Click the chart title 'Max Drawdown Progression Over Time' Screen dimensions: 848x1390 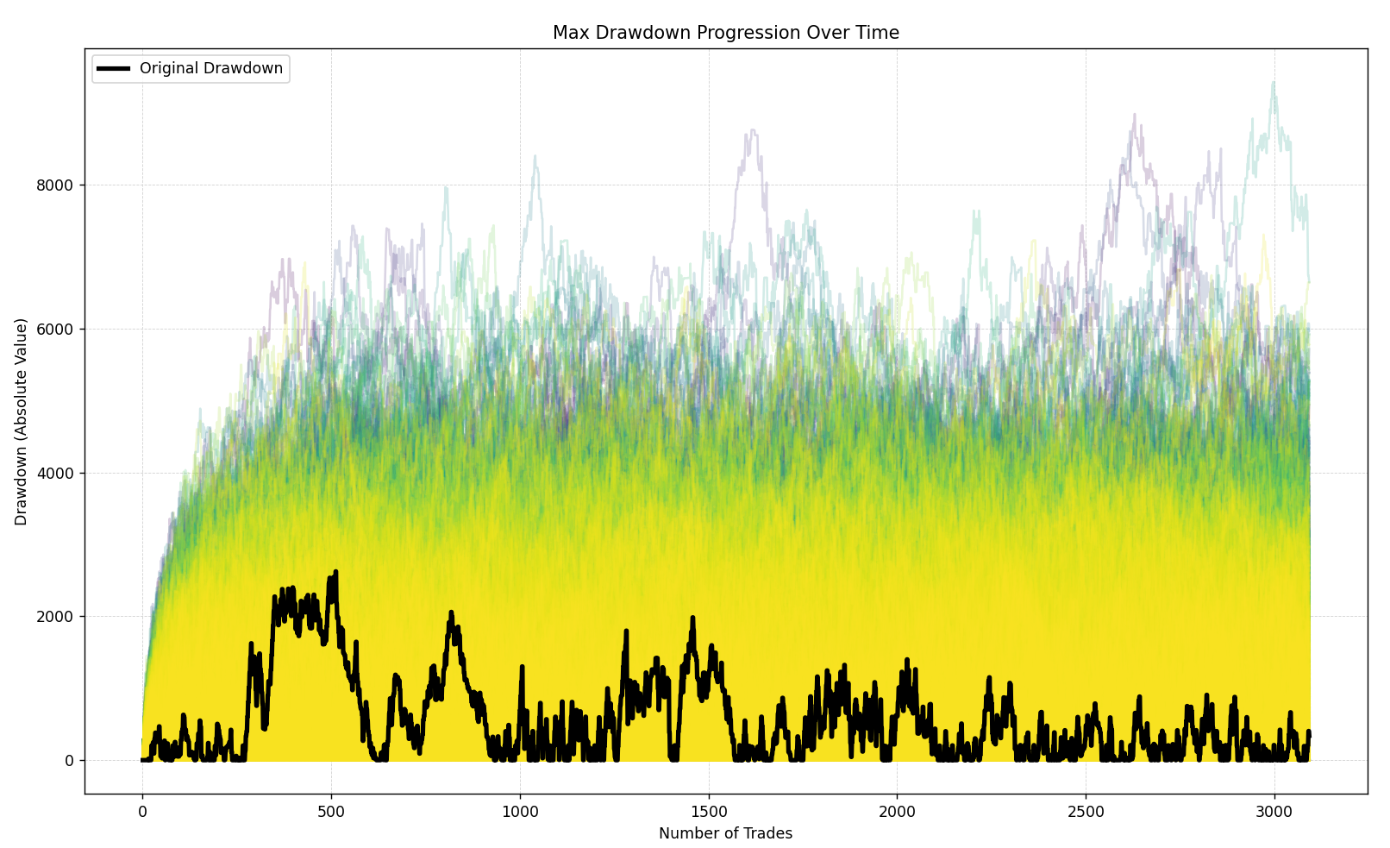point(725,33)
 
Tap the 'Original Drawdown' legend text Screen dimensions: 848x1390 point(211,69)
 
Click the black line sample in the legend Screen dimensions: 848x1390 point(113,69)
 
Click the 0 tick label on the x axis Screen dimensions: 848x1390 point(142,810)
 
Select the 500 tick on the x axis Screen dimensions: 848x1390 point(331,810)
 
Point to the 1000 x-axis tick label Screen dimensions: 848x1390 point(520,810)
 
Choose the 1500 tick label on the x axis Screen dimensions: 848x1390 point(709,810)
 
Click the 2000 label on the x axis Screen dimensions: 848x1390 point(897,810)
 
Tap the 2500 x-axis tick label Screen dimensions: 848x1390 point(1086,810)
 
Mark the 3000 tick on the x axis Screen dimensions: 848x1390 point(1274,810)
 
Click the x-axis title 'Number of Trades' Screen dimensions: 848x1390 point(725,833)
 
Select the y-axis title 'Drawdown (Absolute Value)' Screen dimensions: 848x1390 point(22,421)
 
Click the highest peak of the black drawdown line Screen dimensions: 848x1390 point(335,571)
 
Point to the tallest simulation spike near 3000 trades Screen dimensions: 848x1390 point(1273,83)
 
